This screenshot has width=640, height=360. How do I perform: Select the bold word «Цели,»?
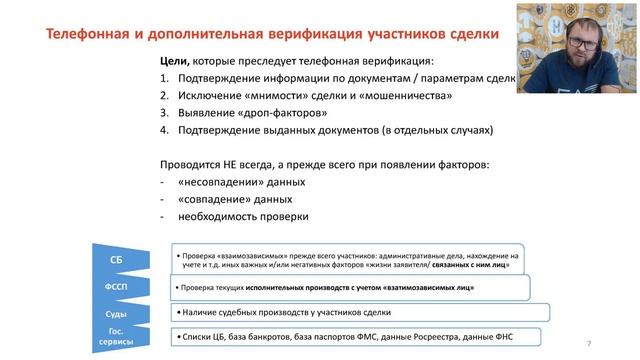pos(174,62)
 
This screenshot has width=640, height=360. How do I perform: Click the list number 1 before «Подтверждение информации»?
pos(164,79)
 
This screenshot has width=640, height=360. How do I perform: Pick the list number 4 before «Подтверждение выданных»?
pos(164,130)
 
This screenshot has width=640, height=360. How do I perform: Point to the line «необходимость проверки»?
pos(244,216)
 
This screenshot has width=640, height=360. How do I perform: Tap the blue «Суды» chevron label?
pos(116,314)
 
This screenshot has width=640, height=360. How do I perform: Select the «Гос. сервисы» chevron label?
pos(116,337)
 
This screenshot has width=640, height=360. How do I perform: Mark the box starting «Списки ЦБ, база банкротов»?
pos(354,337)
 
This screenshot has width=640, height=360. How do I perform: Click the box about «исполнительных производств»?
pos(350,288)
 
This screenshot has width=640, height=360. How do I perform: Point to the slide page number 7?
pos(588,344)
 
